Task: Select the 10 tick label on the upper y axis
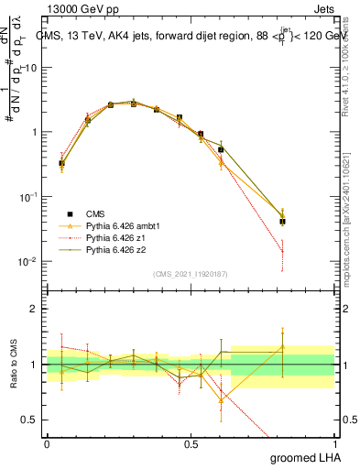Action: pos(30,68)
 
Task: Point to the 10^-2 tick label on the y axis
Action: pos(27,262)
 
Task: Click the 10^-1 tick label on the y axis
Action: pos(27,197)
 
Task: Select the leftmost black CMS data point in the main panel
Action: pos(61,164)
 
